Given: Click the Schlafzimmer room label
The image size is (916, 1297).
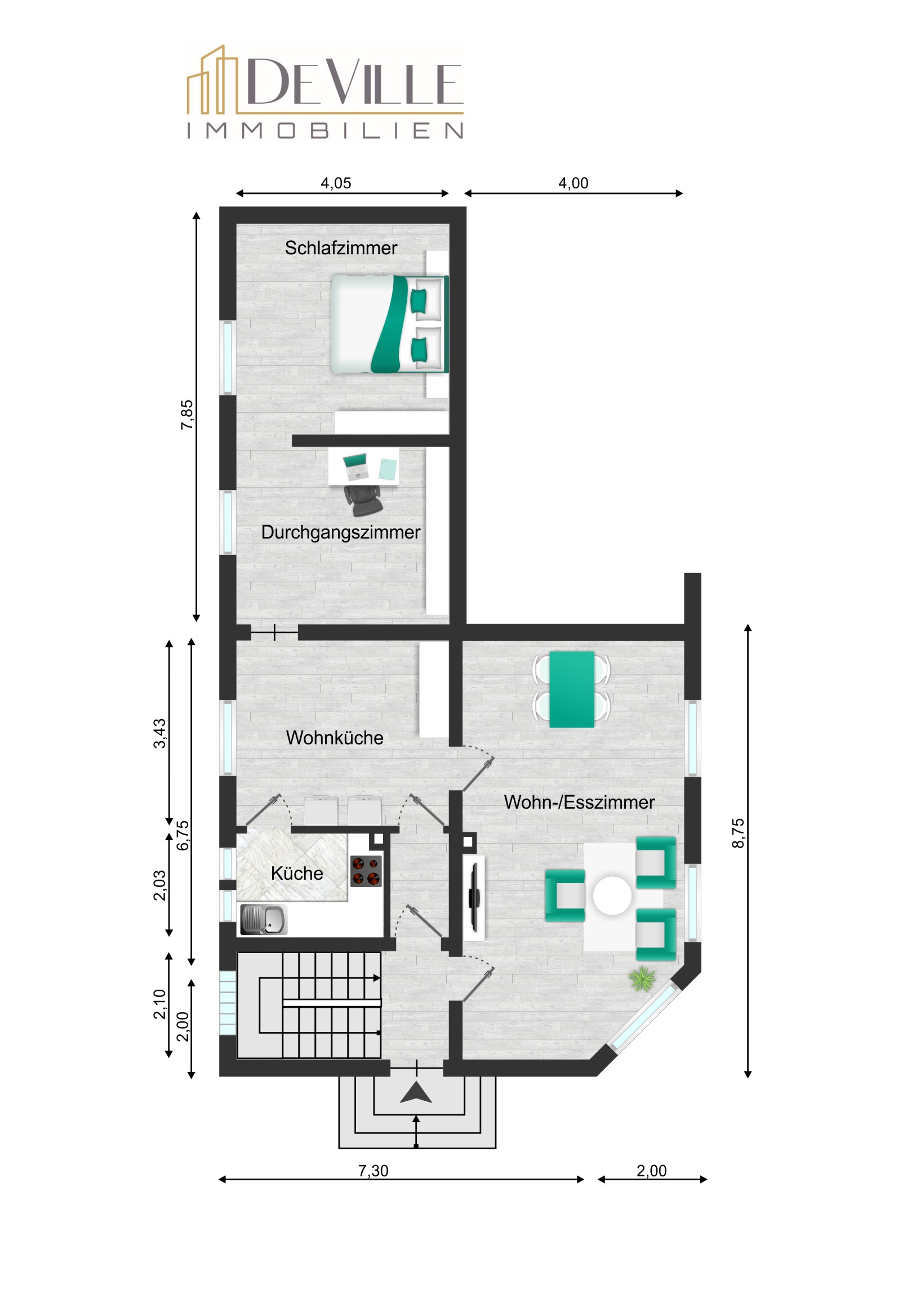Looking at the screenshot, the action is (341, 248).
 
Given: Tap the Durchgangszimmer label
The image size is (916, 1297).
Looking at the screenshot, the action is (341, 533).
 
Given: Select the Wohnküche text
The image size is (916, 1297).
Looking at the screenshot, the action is (335, 738).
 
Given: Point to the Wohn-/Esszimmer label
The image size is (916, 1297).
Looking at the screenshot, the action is (579, 802).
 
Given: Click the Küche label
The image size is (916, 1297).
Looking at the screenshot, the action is (297, 874).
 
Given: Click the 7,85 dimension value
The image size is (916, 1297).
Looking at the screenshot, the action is (187, 415).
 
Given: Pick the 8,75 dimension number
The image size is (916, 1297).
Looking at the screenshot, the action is (738, 833).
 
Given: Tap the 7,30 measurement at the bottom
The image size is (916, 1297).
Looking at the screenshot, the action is (373, 1171).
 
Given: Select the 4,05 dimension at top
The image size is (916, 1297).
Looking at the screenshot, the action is (336, 183).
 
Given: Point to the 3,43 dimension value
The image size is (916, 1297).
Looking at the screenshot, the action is (161, 734).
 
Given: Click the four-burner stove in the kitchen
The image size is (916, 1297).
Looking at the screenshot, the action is (366, 872).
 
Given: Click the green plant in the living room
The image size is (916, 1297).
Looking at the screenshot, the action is (642, 979).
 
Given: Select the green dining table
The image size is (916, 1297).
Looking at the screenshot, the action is (571, 690).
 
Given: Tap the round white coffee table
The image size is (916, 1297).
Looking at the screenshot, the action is (612, 895).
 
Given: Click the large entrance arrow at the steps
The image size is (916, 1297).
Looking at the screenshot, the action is (416, 1093).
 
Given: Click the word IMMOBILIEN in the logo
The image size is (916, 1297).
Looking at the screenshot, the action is (325, 131).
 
